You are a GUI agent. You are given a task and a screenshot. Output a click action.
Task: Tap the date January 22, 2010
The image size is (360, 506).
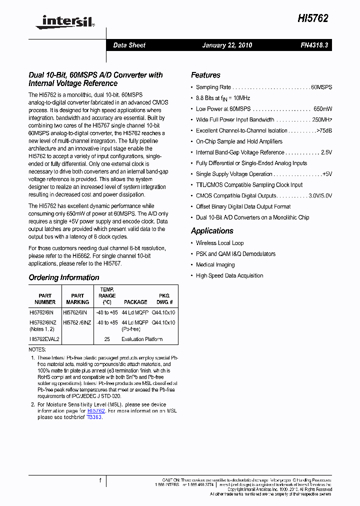point(227,45)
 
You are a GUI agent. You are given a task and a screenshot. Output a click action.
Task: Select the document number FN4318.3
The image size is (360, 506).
point(314,45)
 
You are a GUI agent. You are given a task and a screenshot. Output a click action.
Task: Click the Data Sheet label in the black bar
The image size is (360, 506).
point(129,45)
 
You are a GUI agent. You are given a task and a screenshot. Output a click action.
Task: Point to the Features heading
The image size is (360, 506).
point(205,75)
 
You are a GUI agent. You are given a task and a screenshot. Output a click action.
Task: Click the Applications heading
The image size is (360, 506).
point(212,231)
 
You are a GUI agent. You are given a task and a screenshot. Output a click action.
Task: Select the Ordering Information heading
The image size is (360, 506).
point(64,277)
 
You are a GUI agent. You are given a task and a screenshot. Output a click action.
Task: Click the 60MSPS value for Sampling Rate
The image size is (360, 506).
point(321,87)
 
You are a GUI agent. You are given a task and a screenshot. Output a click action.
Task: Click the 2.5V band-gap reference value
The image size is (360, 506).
point(326,152)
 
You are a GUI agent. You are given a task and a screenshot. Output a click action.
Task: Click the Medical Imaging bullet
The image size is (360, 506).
point(215,265)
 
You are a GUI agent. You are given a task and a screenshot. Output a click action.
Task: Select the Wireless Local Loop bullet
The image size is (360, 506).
point(219,243)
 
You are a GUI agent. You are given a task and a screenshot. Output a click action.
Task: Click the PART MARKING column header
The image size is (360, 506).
point(77,299)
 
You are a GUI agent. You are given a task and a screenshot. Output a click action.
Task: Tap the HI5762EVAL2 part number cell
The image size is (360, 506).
point(44,339)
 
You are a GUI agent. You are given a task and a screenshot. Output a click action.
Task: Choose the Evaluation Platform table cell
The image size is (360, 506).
point(142,339)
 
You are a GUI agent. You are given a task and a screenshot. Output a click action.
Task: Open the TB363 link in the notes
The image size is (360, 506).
point(94,417)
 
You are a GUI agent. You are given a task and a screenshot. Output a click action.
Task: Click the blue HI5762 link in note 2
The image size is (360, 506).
point(96,411)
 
